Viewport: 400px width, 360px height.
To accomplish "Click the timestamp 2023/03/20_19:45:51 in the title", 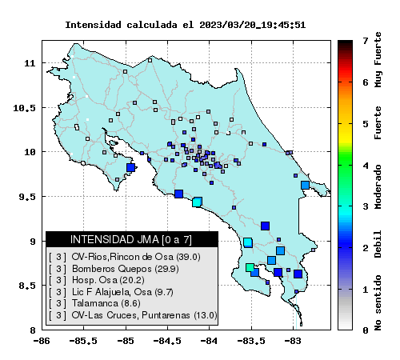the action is pyautogui.click(x=252, y=25).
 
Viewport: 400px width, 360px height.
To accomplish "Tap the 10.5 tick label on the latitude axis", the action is pyautogui.click(x=25, y=108).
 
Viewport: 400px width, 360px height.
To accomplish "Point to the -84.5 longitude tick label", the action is pyautogui.click(x=167, y=341).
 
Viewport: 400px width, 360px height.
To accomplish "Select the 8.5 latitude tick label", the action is pyautogui.click(x=27, y=286).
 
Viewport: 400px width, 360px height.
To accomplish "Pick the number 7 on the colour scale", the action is pyautogui.click(x=366, y=41).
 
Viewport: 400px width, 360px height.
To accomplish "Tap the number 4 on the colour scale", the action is pyautogui.click(x=366, y=166).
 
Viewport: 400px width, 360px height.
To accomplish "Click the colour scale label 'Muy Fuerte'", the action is pyautogui.click(x=378, y=60).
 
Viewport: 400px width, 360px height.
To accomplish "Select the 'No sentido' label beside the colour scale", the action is pyautogui.click(x=378, y=302).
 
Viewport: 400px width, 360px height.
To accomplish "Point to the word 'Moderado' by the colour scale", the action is pyautogui.click(x=378, y=186).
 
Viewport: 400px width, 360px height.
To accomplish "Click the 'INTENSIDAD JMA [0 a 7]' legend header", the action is pyautogui.click(x=131, y=239).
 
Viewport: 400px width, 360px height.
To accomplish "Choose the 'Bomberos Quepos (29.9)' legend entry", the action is pyautogui.click(x=126, y=269).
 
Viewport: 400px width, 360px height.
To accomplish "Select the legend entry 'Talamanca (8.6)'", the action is pyautogui.click(x=106, y=303).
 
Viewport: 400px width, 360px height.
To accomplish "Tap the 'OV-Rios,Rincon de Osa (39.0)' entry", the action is pyautogui.click(x=136, y=257).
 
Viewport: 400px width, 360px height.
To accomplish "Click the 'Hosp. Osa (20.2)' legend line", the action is pyautogui.click(x=108, y=280).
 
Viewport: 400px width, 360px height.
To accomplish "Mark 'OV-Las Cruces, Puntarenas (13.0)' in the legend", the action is pyautogui.click(x=144, y=315).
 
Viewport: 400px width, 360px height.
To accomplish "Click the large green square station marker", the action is pyautogui.click(x=250, y=267).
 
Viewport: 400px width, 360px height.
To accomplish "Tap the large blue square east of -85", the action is pyautogui.click(x=130, y=167).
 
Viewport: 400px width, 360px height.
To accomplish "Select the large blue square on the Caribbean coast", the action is pyautogui.click(x=305, y=185).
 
